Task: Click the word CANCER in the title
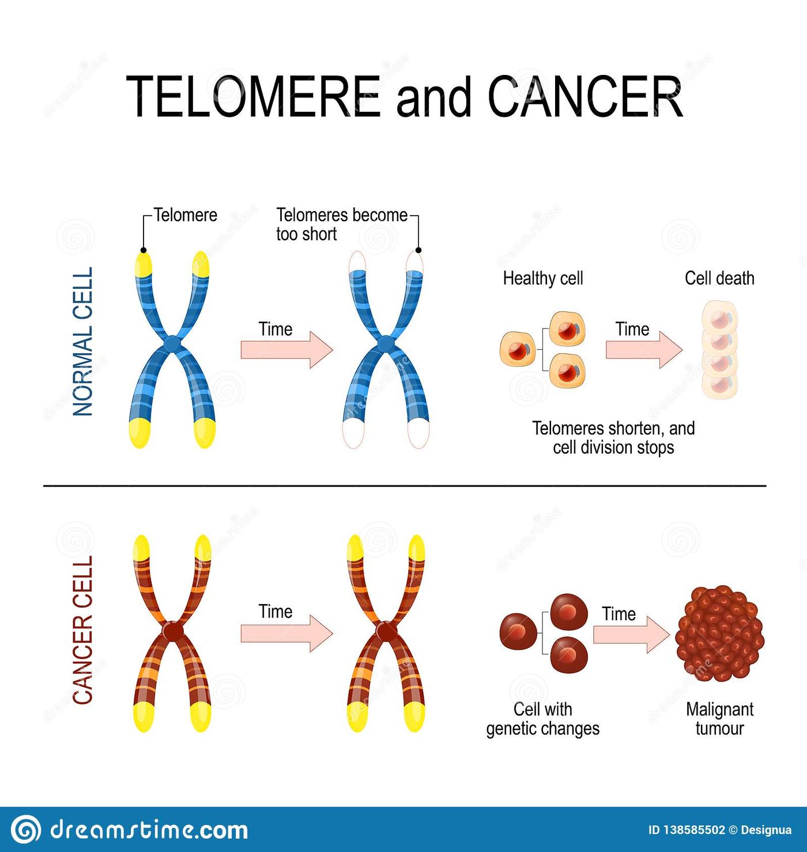[x=585, y=96]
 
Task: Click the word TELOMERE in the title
[x=253, y=96]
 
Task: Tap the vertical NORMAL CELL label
[x=82, y=341]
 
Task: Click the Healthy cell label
[x=542, y=278]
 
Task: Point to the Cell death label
[x=719, y=278]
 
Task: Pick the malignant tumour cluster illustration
[x=719, y=633]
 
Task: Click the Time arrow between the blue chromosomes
[x=287, y=350]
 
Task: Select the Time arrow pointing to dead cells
[x=644, y=350]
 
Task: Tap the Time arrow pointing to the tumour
[x=631, y=635]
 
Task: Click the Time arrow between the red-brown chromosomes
[x=287, y=634]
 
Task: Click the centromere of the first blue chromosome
[x=172, y=344]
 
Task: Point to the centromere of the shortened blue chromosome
[x=385, y=344]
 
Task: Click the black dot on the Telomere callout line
[x=144, y=250]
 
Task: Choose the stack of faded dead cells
[x=719, y=350]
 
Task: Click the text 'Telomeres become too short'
[x=341, y=224]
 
